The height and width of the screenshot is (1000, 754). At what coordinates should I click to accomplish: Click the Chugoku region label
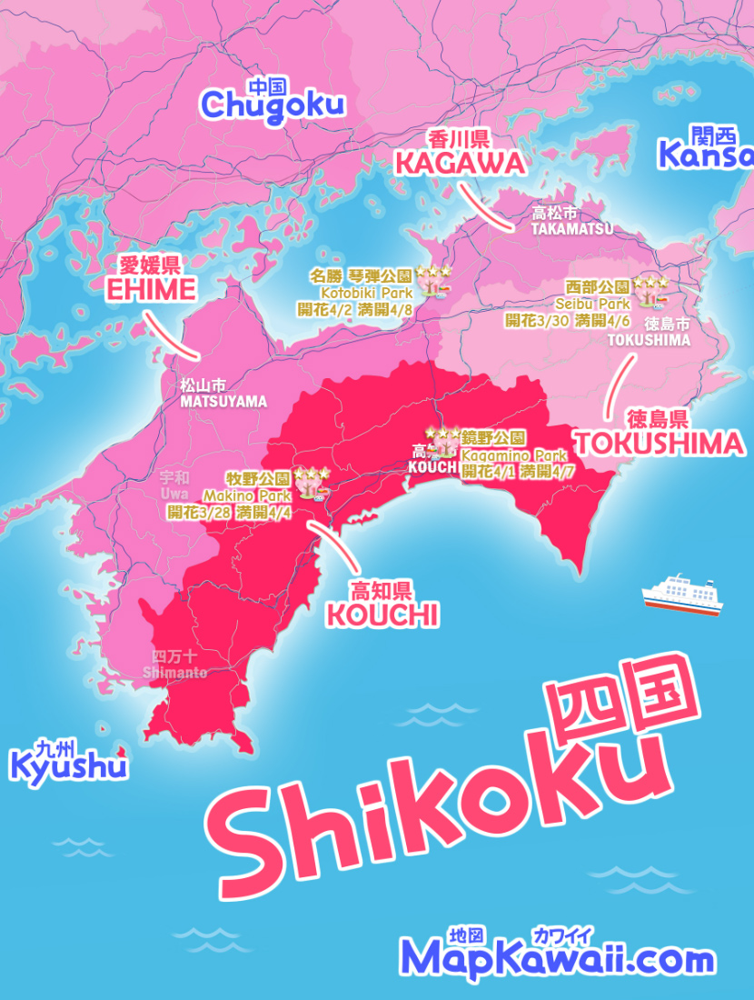[273, 104]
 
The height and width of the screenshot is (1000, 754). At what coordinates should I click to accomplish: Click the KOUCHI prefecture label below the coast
[382, 615]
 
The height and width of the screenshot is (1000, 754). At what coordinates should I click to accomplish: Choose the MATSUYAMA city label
[223, 401]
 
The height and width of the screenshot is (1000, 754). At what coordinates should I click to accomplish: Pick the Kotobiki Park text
[366, 293]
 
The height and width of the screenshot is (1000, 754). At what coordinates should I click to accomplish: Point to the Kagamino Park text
[513, 455]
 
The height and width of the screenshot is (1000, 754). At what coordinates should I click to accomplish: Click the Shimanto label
[175, 673]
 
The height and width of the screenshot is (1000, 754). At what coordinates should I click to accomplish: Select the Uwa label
[174, 492]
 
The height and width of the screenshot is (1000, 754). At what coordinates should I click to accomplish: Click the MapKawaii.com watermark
[557, 958]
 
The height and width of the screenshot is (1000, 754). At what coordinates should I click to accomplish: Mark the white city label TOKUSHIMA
[649, 340]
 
